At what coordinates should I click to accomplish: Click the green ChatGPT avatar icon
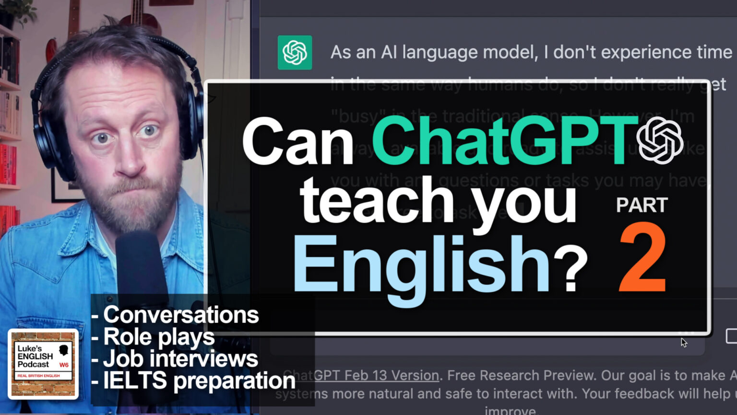295,52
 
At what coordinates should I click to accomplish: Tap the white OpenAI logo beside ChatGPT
660,140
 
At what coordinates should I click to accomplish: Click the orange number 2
642,259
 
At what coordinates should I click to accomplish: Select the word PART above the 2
642,205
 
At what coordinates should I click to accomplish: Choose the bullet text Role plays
159,337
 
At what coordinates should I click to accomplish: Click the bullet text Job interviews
180,359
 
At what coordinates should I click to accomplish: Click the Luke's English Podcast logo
43,364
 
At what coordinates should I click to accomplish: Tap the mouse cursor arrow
683,342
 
